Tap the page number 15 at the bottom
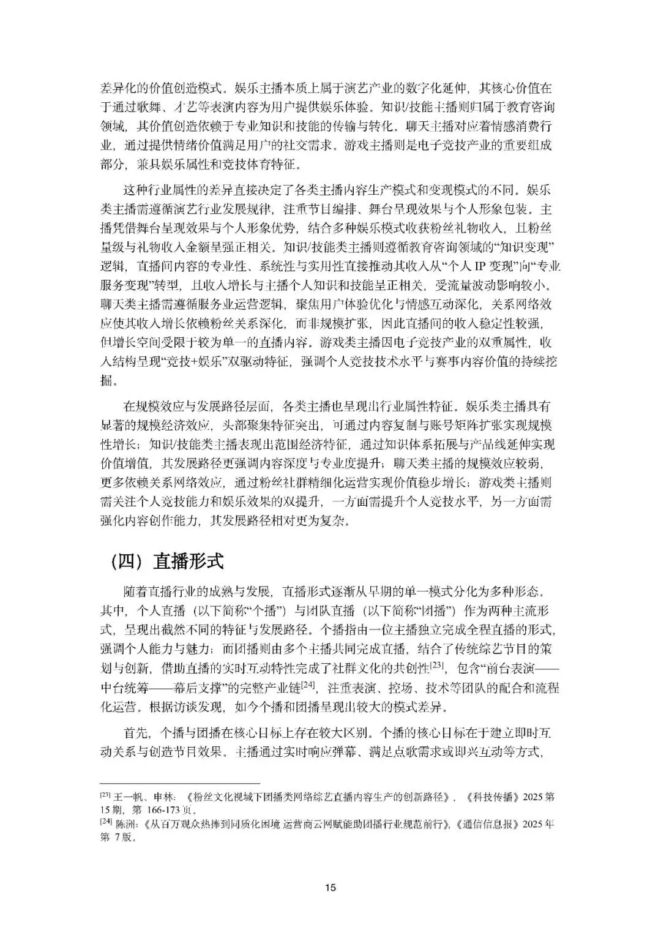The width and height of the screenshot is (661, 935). tap(330, 887)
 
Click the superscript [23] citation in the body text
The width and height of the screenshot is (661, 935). tap(437, 664)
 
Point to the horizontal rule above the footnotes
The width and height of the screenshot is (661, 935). tap(180, 783)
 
